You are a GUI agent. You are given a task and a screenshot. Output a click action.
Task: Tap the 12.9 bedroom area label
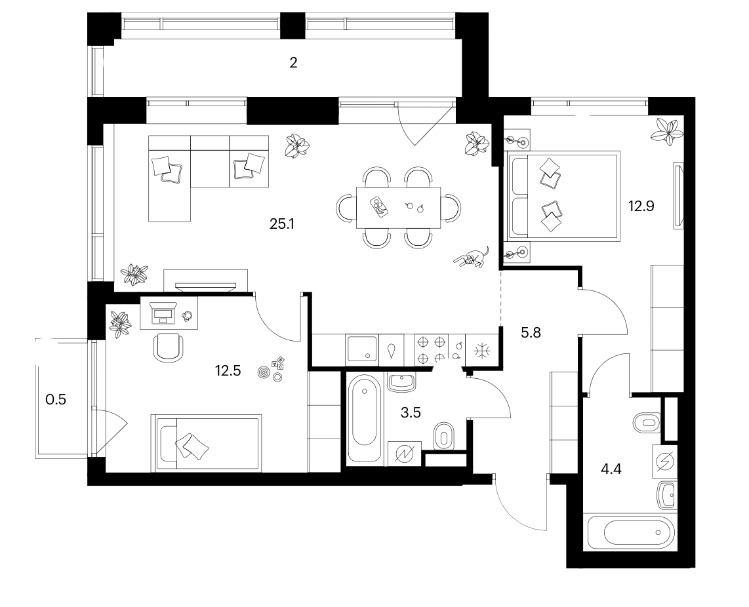click(641, 206)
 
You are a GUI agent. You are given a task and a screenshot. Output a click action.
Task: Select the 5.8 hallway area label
click(531, 333)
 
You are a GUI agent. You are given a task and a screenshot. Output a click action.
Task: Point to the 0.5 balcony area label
click(55, 399)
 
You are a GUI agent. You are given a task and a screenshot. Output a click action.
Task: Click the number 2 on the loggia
click(293, 62)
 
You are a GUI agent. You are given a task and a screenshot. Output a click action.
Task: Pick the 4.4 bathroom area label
click(611, 469)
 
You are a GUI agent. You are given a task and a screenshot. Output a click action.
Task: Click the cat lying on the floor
click(472, 257)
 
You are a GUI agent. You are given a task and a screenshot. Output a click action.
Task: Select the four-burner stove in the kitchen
click(432, 349)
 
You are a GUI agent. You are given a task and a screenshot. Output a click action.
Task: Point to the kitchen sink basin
click(362, 349)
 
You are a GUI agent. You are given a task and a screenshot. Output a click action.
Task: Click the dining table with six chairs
click(398, 208)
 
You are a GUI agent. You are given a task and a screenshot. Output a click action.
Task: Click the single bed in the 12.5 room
click(207, 443)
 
